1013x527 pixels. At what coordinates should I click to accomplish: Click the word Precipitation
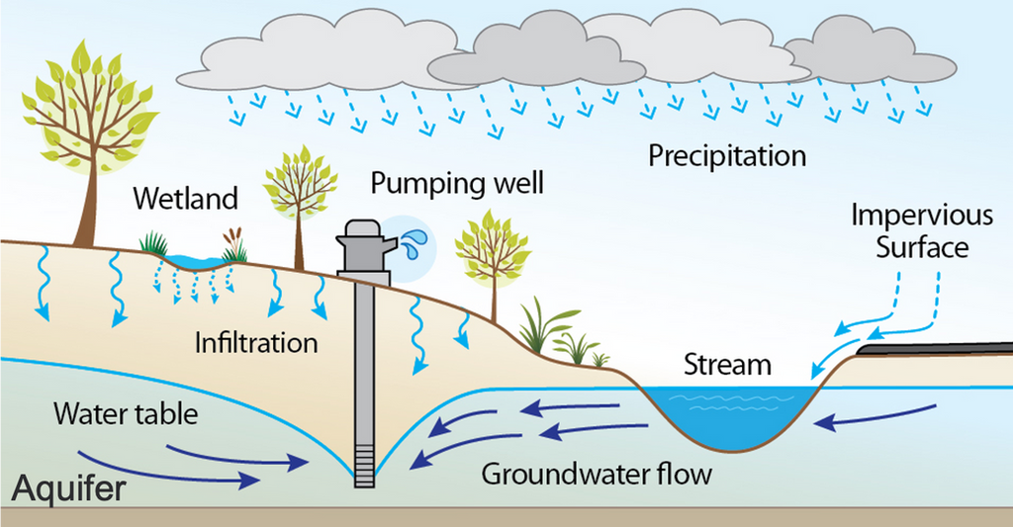click(727, 156)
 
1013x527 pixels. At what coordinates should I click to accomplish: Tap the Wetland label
click(187, 199)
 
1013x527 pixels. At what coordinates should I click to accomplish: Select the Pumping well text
click(457, 185)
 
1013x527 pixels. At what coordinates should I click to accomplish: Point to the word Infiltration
click(256, 343)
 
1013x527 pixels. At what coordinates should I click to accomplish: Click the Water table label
click(126, 412)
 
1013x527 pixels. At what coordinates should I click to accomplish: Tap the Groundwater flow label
click(597, 474)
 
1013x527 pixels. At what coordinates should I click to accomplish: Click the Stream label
click(727, 365)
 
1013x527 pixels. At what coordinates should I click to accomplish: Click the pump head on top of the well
click(362, 238)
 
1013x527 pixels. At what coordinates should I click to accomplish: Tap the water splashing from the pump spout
click(413, 240)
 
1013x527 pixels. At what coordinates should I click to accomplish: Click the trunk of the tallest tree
click(91, 209)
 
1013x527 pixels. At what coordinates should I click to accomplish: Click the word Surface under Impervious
click(922, 246)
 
